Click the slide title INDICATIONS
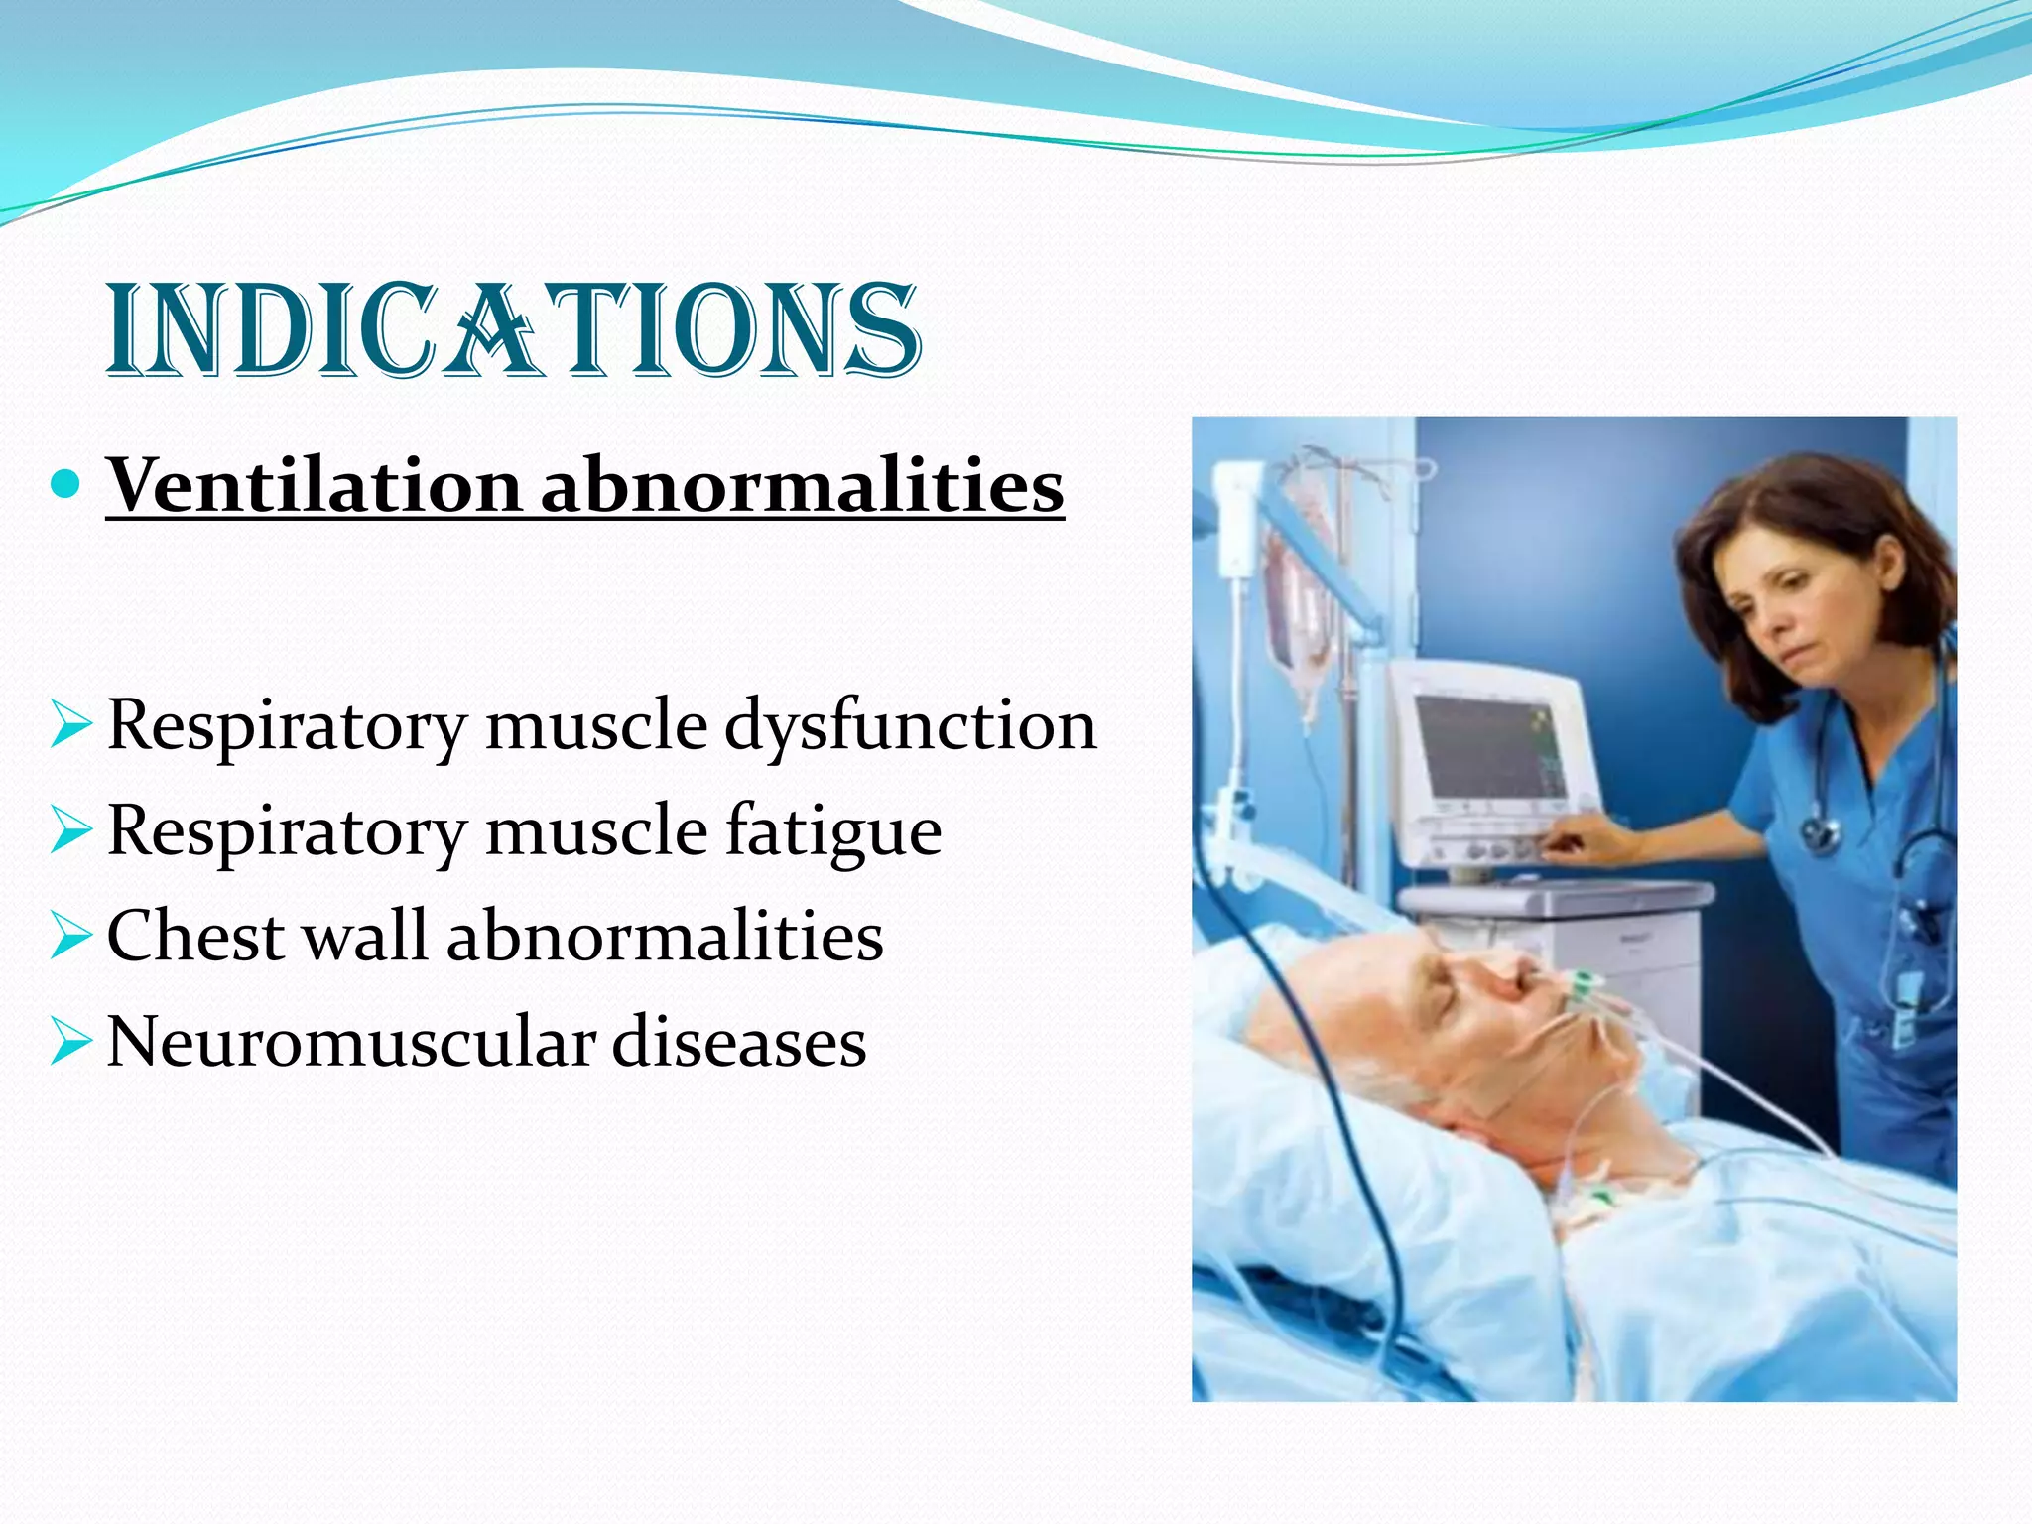pos(513,330)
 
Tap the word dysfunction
pos(910,725)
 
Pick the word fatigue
pos(832,830)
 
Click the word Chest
pos(196,936)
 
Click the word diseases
pos(738,1042)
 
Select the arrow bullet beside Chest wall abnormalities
pos(69,937)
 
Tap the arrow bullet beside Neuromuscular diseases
pos(69,1043)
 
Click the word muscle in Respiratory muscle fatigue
pos(595,830)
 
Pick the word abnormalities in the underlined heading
pos(802,485)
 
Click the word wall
pos(365,936)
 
